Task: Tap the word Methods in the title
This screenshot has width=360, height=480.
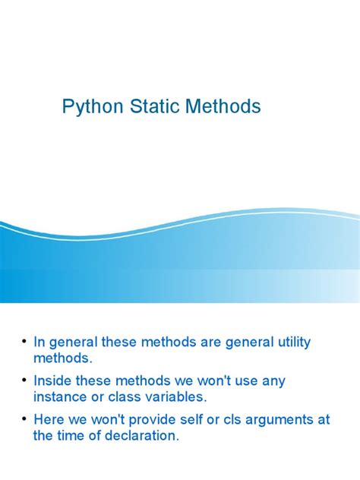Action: pos(221,107)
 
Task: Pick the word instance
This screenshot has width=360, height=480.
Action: pos(63,397)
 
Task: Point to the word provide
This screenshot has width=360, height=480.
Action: pos(146,418)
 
